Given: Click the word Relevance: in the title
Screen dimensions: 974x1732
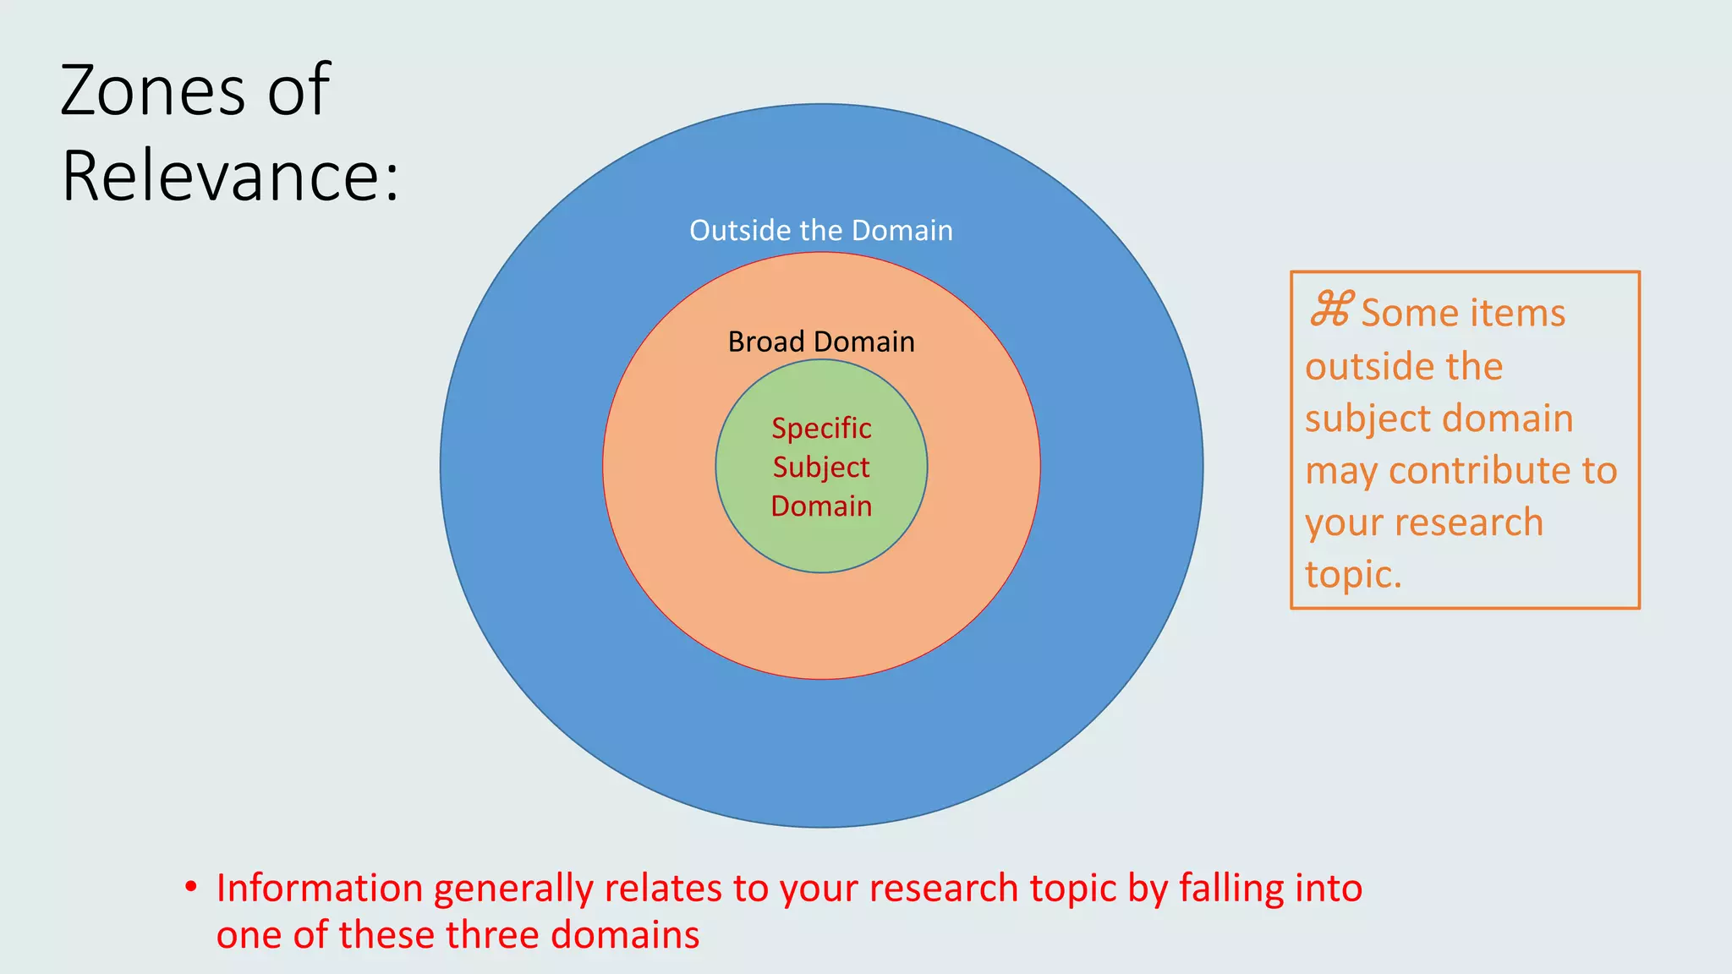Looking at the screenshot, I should [x=230, y=176].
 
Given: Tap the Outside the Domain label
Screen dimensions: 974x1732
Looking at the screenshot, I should [x=820, y=230].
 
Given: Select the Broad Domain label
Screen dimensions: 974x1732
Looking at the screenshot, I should [x=820, y=342].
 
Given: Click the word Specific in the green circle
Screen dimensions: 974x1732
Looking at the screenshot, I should [x=820, y=428].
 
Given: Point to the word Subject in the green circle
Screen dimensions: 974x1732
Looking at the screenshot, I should [x=820, y=468].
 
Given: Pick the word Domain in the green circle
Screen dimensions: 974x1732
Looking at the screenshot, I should [x=820, y=506].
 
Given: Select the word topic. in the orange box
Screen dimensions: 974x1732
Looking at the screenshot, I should [x=1353, y=575].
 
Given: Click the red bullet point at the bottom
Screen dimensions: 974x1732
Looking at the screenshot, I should [x=191, y=887].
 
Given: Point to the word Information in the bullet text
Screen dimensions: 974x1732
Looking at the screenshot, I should [x=320, y=889].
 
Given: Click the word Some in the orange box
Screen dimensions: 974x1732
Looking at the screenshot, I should [x=1398, y=313].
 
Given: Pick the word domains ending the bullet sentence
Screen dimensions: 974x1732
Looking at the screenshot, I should [x=625, y=935].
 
